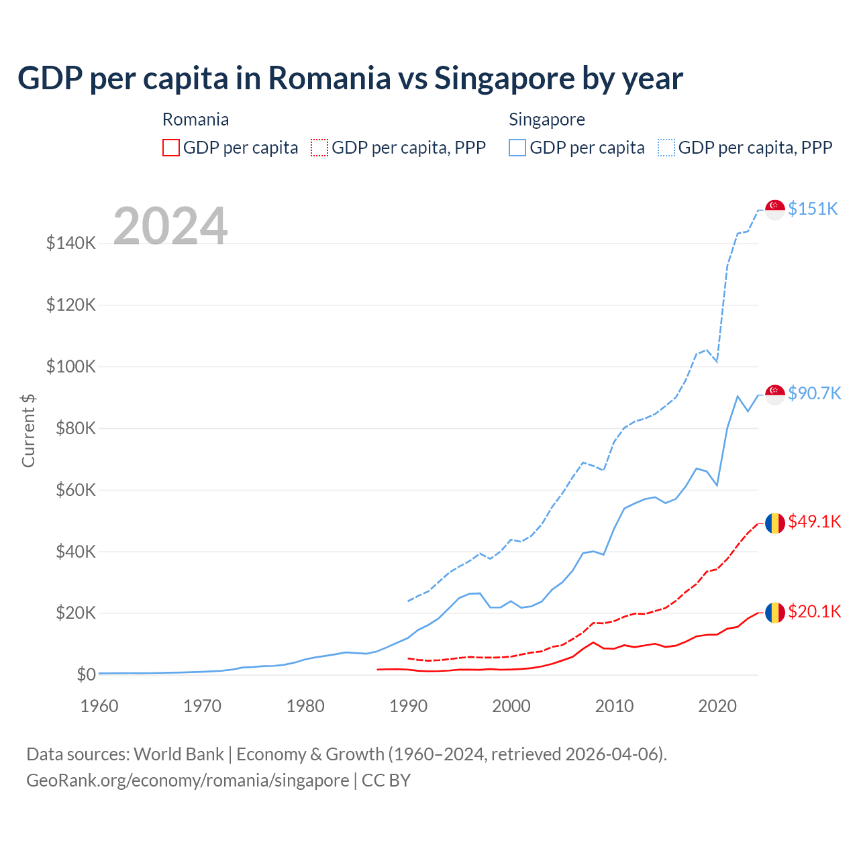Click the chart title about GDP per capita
[350, 78]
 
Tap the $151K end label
[813, 209]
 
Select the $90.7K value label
[814, 393]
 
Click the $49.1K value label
[814, 521]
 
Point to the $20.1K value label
[814, 611]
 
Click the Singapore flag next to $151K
[775, 209]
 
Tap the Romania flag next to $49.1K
[775, 523]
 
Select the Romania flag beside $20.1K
[775, 612]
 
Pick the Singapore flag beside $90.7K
[775, 395]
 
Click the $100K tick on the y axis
[71, 366]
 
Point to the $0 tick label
[86, 674]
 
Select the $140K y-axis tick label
[71, 243]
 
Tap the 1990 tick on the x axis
[408, 706]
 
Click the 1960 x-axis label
[99, 706]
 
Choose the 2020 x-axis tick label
[717, 706]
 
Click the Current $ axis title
[28, 430]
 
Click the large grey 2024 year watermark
[170, 226]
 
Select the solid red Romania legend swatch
[171, 148]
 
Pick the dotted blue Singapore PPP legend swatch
[666, 148]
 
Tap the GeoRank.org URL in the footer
[187, 780]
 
